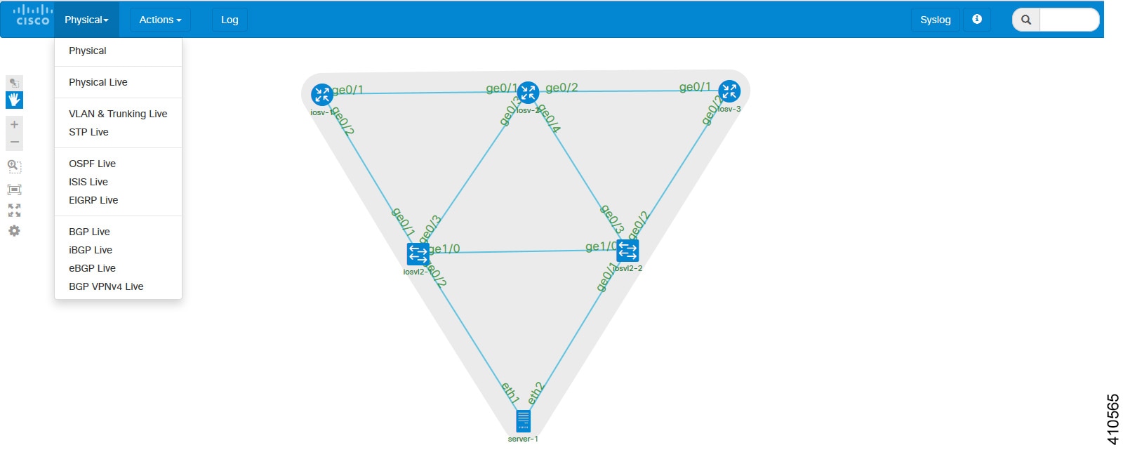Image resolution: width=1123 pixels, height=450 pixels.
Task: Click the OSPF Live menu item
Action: pos(92,164)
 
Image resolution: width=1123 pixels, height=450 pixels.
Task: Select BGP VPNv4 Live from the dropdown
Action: pos(106,286)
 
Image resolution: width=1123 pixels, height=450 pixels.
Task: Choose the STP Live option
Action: pos(88,132)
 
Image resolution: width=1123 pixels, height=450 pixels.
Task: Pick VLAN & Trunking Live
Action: pos(118,114)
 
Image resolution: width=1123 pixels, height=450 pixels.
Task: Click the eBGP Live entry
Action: pos(92,268)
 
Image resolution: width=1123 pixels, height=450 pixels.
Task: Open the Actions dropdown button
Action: pos(160,20)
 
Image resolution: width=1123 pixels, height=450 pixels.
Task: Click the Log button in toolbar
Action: pos(230,20)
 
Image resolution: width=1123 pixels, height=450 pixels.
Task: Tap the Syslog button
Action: pos(935,20)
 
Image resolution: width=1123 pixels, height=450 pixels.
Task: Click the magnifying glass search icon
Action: pos(1025,20)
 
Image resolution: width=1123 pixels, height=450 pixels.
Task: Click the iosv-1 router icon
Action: pos(321,94)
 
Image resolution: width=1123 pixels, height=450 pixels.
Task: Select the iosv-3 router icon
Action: pos(729,91)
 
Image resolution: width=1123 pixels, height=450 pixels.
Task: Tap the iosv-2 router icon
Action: pos(528,92)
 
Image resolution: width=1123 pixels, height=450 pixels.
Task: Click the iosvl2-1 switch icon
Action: pos(418,253)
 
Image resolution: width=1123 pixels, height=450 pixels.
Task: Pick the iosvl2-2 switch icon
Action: pos(627,250)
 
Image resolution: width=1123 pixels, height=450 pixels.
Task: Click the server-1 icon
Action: pos(523,421)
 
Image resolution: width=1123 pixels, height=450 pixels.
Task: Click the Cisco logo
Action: pos(32,15)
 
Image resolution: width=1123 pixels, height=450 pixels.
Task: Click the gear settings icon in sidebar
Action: pos(14,231)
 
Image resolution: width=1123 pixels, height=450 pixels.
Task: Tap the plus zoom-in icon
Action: pos(14,124)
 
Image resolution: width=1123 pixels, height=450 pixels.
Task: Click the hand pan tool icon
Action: pos(14,100)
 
